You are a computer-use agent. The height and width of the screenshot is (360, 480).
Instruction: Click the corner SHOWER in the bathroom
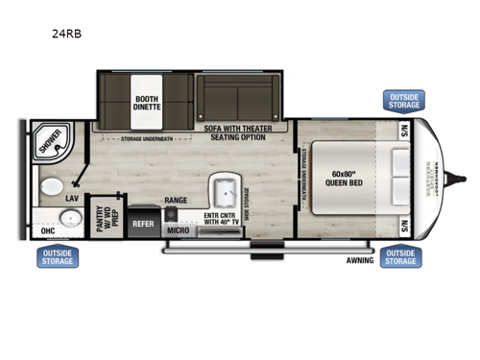pos(50,143)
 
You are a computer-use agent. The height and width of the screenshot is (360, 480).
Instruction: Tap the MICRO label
pos(177,230)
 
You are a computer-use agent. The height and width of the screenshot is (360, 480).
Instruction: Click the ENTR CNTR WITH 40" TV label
pos(224,220)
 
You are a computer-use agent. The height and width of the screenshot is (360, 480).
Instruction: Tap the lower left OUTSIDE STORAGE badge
pos(59,256)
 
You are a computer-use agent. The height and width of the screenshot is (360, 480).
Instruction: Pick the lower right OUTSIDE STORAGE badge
pos(400,256)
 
